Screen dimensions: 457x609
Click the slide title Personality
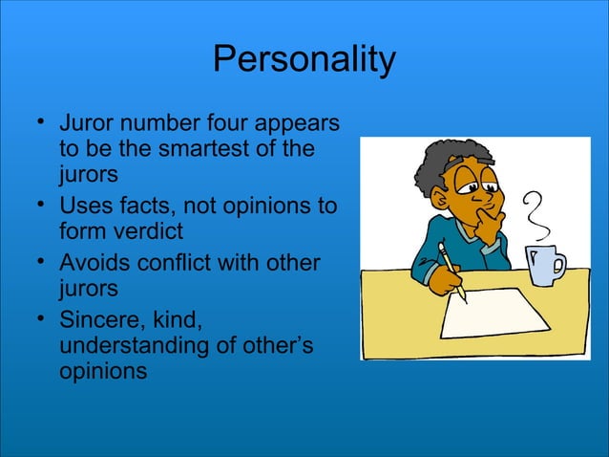(304, 59)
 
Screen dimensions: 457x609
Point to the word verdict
(143, 232)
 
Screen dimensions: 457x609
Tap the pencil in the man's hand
(451, 272)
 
